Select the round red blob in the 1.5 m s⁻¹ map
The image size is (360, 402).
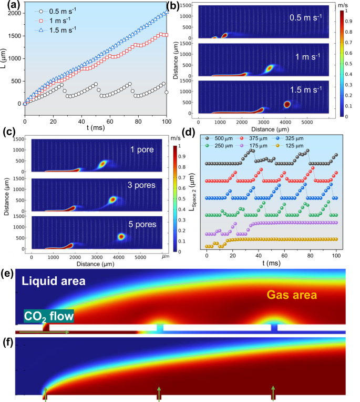(x=287, y=104)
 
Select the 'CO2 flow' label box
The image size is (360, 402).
(x=48, y=316)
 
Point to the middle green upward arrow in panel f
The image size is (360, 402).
(x=159, y=394)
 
